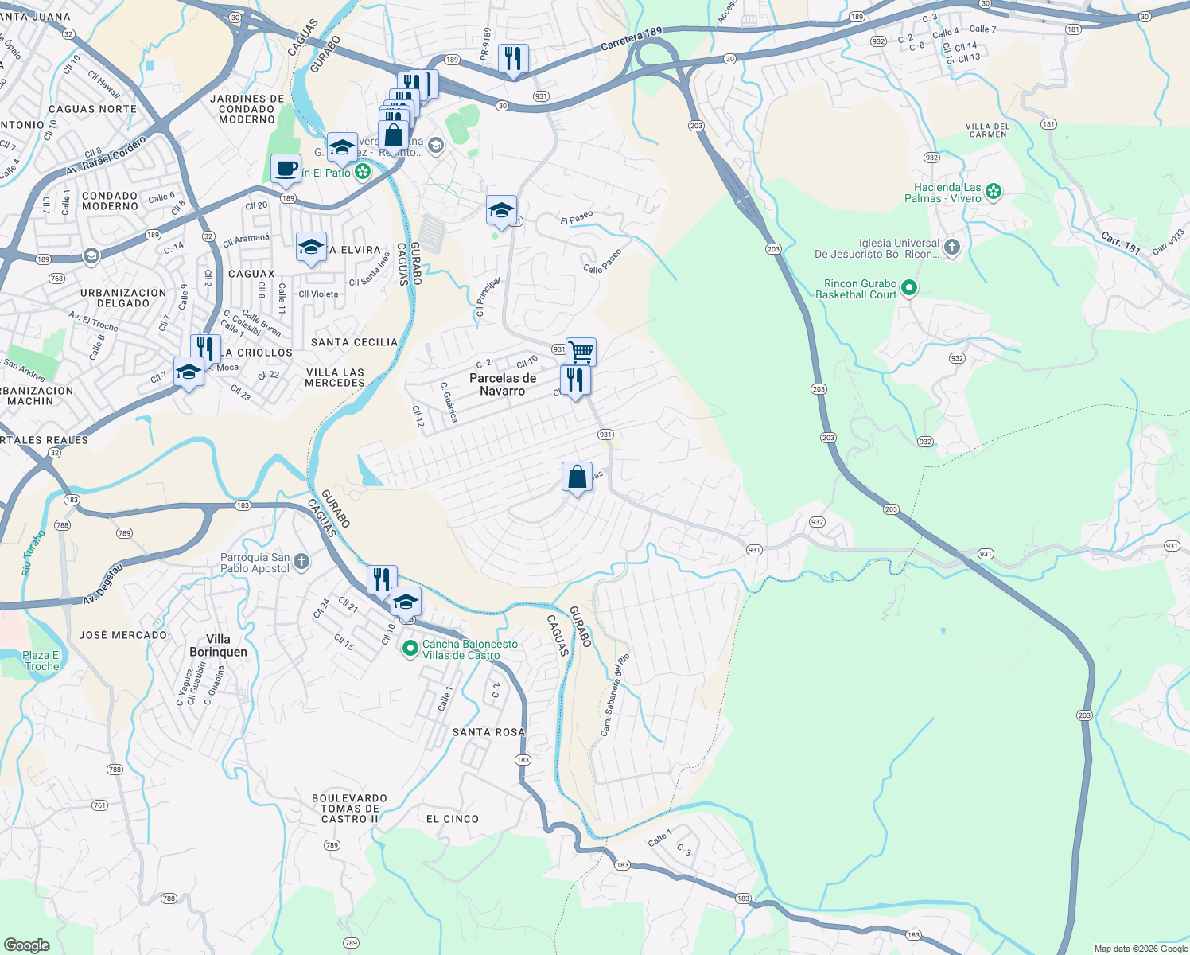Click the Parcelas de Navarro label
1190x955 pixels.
click(503, 384)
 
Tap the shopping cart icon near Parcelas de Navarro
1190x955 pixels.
click(581, 351)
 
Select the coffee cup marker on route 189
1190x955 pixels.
click(286, 169)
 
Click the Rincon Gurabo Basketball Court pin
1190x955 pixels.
click(909, 289)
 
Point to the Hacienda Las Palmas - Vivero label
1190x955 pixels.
click(947, 193)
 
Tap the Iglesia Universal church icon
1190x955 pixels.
click(952, 247)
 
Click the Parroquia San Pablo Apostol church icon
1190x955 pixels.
click(301, 562)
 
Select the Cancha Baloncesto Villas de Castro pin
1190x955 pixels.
click(410, 649)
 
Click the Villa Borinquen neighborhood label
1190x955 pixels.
click(218, 645)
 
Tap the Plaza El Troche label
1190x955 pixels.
click(41, 661)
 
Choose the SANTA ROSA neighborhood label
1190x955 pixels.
click(488, 732)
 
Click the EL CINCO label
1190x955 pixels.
click(453, 819)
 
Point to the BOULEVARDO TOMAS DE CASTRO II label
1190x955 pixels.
click(349, 809)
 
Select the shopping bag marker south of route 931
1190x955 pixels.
click(577, 477)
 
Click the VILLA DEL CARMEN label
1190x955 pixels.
click(987, 131)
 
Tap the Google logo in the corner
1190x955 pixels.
click(26, 945)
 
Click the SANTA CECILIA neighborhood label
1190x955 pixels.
click(354, 342)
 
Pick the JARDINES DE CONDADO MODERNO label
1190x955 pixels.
click(247, 109)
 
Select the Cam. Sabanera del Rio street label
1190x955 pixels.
click(615, 694)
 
